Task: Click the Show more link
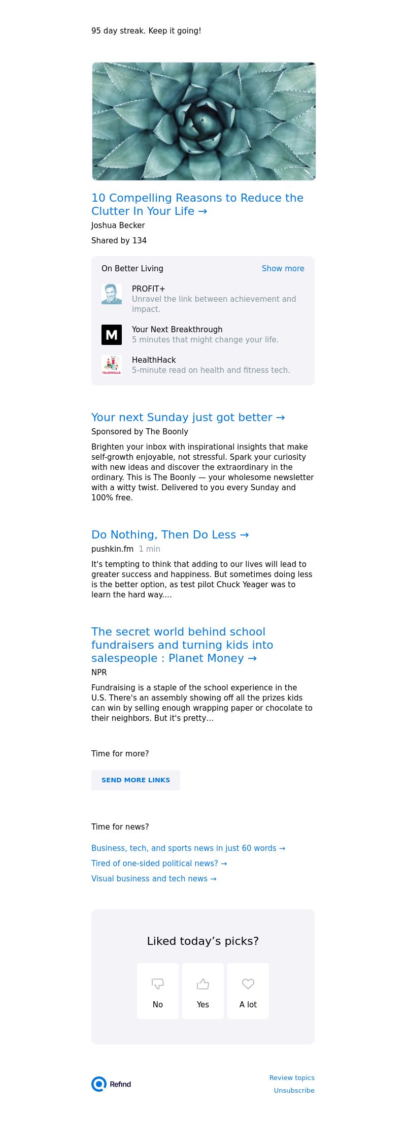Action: point(283,269)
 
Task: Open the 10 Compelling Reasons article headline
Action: point(197,204)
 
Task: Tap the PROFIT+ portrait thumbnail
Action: point(112,294)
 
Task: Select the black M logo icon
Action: point(112,335)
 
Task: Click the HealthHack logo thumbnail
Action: point(112,365)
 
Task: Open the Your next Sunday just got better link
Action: point(188,418)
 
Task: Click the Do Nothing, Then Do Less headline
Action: point(170,535)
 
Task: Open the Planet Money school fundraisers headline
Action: point(182,645)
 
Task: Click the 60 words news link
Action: point(188,848)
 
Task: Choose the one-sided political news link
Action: point(159,864)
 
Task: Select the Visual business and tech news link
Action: point(154,879)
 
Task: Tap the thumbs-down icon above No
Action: point(158,984)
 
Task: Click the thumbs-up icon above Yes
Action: point(203,984)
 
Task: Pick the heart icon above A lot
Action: point(248,984)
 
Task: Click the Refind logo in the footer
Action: point(112,1084)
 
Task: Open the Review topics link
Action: point(292,1078)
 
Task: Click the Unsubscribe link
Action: point(294,1091)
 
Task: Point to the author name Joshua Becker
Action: point(118,226)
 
